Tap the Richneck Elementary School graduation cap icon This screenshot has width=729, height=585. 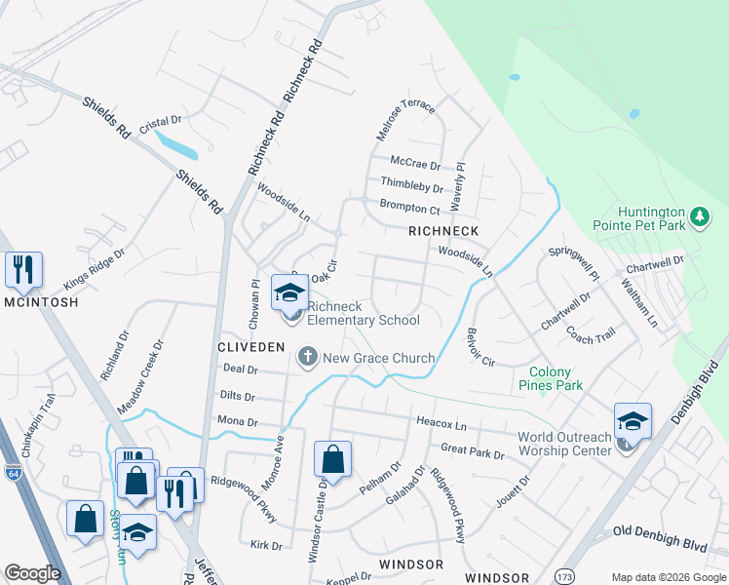pos(289,292)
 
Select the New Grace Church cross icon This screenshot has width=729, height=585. pos(308,357)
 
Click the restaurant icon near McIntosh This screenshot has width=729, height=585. pos(23,269)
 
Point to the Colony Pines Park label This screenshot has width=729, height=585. pos(556,378)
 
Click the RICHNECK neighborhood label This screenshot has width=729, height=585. pos(443,231)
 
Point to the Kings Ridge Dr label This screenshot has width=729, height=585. pos(95,269)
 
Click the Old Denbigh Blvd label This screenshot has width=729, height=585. pos(660,532)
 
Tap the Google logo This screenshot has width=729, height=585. pos(33,573)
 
